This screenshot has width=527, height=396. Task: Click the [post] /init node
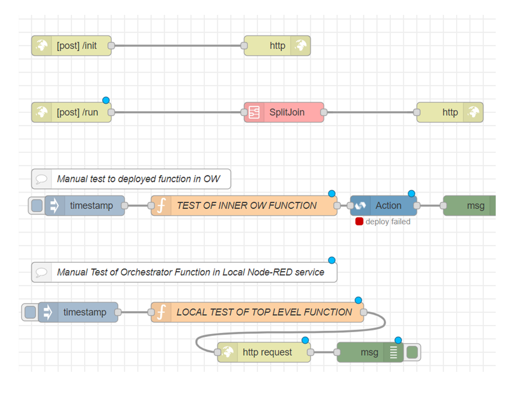click(x=71, y=46)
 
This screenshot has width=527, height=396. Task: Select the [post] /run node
click(x=71, y=112)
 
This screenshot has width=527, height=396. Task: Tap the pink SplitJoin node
click(x=284, y=112)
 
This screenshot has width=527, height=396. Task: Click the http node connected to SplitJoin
click(x=450, y=112)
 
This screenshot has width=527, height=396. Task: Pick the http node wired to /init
click(x=277, y=46)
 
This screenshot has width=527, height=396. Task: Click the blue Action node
click(x=384, y=205)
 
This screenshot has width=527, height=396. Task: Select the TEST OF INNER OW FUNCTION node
click(x=244, y=205)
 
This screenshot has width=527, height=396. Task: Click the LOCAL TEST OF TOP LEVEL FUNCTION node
click(x=257, y=312)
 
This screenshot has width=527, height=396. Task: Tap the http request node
click(x=264, y=352)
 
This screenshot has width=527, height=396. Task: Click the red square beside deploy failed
click(x=359, y=221)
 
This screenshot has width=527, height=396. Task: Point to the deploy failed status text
click(x=388, y=222)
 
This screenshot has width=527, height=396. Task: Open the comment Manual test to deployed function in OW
click(x=131, y=179)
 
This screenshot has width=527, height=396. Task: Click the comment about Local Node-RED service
click(x=184, y=272)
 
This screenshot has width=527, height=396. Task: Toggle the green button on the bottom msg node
click(x=412, y=352)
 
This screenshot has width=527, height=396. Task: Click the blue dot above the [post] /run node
click(x=106, y=100)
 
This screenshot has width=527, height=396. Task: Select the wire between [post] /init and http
click(x=178, y=46)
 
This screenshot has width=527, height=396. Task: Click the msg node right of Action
click(x=469, y=205)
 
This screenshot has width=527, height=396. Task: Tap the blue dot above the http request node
click(x=305, y=340)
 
